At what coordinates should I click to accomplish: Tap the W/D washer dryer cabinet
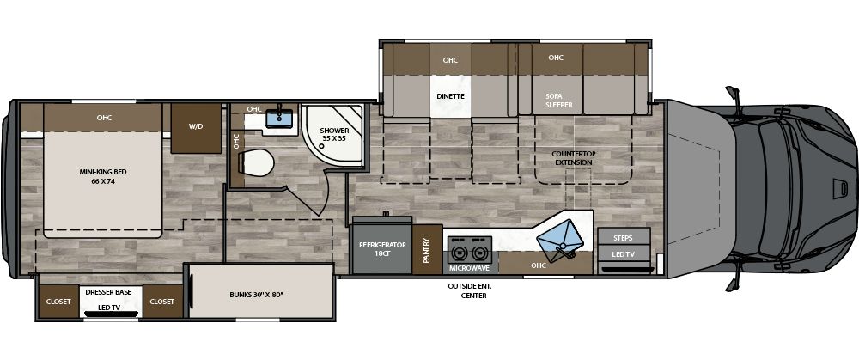196,127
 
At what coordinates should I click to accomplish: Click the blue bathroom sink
277,119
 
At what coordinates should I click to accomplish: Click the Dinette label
450,96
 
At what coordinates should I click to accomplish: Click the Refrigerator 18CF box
381,250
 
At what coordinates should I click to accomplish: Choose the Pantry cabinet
427,249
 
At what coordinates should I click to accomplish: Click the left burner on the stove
460,254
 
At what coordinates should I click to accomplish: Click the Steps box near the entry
624,237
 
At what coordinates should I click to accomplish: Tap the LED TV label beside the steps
624,255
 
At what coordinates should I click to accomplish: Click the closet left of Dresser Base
58,301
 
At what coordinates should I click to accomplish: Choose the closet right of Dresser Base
161,301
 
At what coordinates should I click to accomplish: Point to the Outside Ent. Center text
467,290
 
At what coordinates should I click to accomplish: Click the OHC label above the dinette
450,60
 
